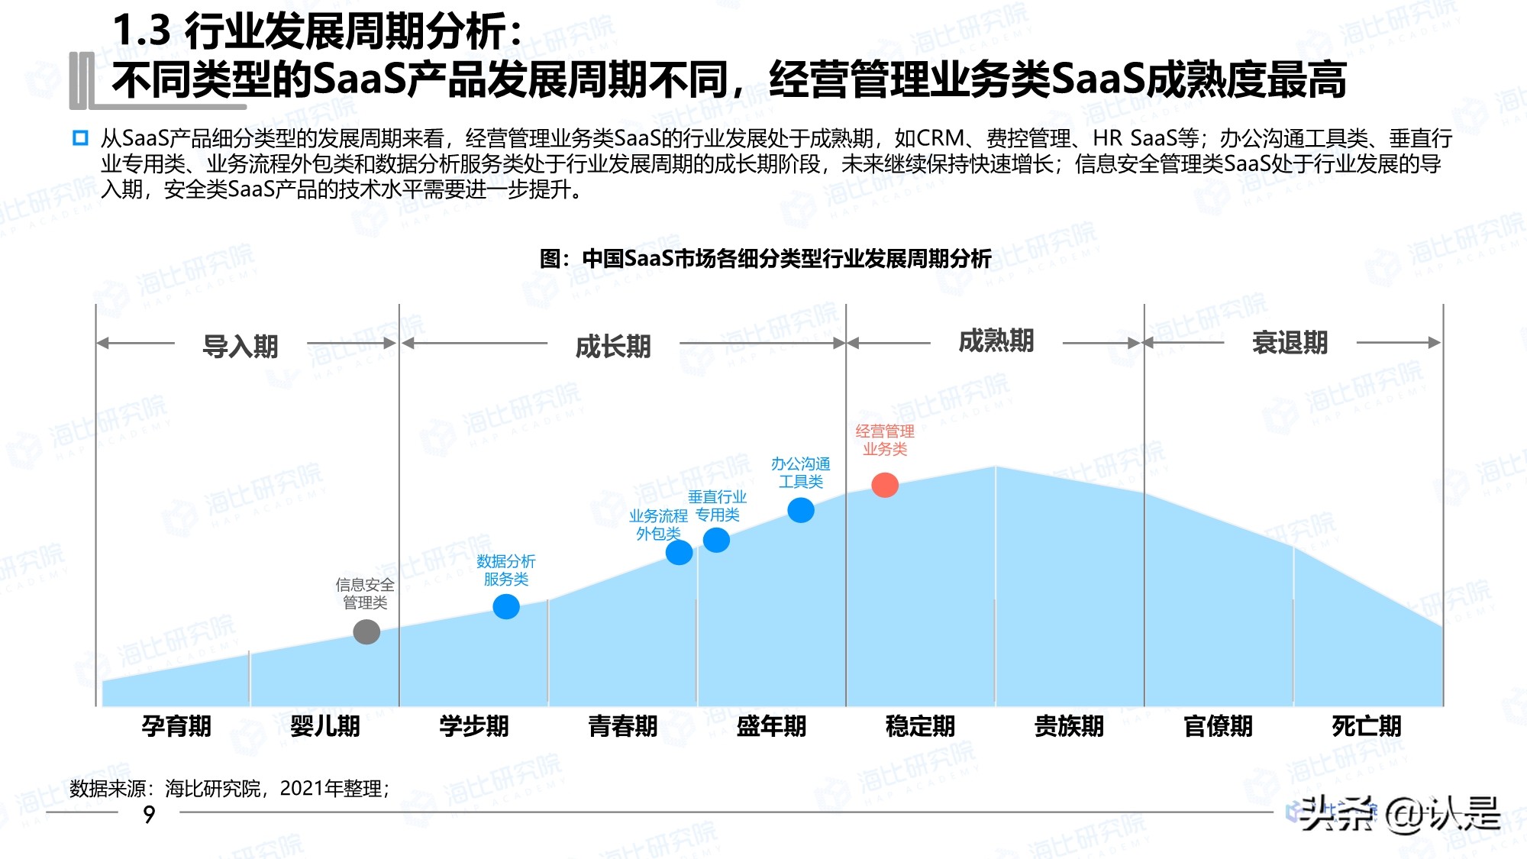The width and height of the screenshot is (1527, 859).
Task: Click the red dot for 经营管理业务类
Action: coord(885,485)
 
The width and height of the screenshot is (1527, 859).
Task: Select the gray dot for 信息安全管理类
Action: coord(366,631)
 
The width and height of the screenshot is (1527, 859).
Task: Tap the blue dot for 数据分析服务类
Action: coord(506,607)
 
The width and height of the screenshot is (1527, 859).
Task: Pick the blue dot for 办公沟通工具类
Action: coord(801,510)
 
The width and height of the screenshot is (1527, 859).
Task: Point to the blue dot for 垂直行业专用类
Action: coord(716,541)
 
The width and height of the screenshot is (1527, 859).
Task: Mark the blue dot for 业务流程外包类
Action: coord(679,552)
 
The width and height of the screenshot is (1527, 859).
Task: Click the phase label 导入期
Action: coord(241,347)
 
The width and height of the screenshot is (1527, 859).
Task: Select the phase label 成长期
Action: coord(613,347)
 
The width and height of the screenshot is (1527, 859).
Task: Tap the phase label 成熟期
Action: coord(996,341)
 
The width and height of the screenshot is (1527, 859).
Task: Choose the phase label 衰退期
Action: coord(1290,343)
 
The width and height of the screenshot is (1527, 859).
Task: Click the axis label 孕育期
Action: coord(176,725)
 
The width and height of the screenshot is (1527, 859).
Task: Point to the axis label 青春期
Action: coord(623,725)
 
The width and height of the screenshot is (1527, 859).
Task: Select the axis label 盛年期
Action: coord(771,725)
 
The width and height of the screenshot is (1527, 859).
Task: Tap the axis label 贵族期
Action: coord(1069,725)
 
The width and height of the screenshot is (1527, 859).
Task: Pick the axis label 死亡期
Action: coord(1367,725)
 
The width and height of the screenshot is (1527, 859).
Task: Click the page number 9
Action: coord(149,815)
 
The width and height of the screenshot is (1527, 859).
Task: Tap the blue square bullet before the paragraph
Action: coord(80,138)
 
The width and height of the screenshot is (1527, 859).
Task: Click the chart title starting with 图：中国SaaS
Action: coord(765,259)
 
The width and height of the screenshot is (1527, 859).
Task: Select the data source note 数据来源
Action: coord(230,788)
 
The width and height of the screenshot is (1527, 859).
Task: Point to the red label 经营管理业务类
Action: coord(885,440)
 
